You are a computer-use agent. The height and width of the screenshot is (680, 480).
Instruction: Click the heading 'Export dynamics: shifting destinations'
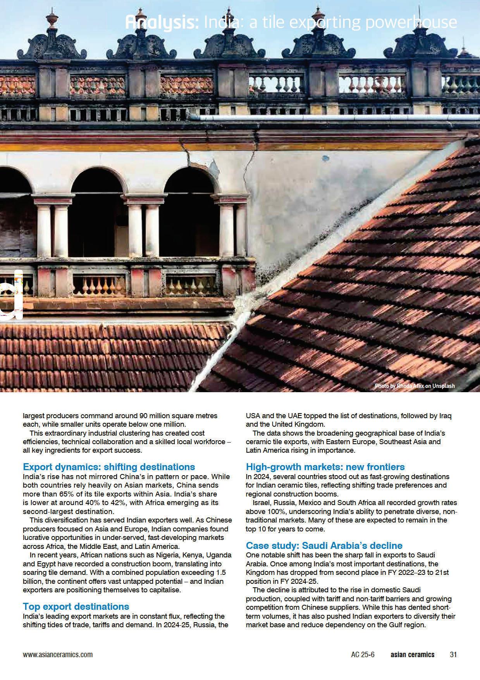[x=109, y=467]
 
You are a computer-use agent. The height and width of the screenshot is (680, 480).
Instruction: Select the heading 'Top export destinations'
[x=76, y=606]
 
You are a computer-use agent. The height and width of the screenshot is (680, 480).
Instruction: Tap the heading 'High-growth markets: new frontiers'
[x=325, y=467]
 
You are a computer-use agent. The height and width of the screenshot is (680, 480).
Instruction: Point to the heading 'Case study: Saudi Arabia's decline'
[x=324, y=545]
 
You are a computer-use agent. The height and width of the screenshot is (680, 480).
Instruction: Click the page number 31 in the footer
[x=453, y=655]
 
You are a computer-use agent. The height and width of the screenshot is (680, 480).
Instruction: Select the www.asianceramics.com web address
[x=58, y=655]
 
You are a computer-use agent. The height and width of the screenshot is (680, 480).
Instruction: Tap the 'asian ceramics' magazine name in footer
[x=412, y=655]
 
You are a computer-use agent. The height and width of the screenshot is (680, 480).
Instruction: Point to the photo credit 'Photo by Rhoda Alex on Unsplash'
[x=415, y=386]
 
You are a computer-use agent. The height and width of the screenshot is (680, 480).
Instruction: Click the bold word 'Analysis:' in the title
[x=162, y=22]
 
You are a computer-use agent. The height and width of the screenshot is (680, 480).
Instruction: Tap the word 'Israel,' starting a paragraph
[x=261, y=503]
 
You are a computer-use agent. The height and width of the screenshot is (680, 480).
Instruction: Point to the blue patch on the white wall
[x=326, y=158]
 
